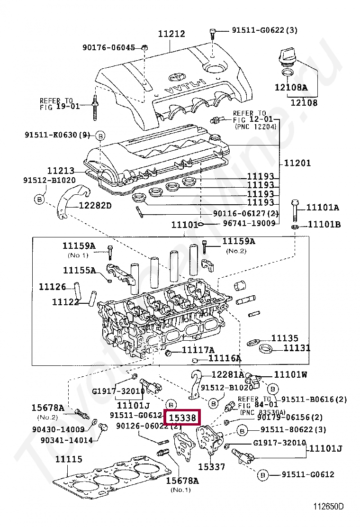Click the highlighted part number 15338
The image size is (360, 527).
click(182, 418)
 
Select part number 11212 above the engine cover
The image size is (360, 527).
click(171, 34)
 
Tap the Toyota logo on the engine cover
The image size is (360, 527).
click(175, 77)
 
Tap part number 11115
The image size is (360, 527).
click(69, 459)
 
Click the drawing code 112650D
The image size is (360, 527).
click(328, 507)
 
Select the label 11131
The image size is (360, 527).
click(297, 348)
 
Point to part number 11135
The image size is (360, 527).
click(285, 338)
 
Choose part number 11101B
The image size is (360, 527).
click(324, 224)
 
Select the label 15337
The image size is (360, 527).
click(211, 467)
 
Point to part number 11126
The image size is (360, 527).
click(52, 287)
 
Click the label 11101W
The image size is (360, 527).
click(290, 374)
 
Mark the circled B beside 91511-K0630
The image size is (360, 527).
click(100, 135)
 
